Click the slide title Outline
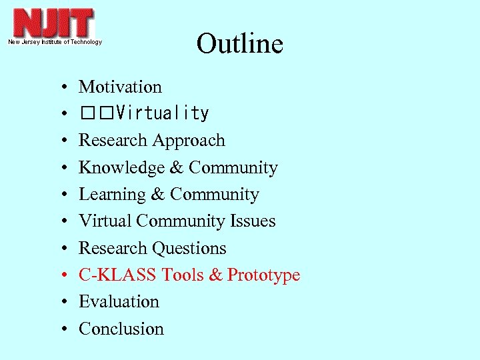pyautogui.click(x=239, y=44)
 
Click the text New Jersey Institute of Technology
pyautogui.click(x=55, y=42)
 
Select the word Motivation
pyautogui.click(x=120, y=87)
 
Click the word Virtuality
pyautogui.click(x=162, y=114)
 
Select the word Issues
pyautogui.click(x=253, y=221)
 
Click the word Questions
pyautogui.click(x=189, y=248)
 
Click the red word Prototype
pyautogui.click(x=264, y=275)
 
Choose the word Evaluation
pyautogui.click(x=119, y=302)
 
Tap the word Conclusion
pyautogui.click(x=121, y=329)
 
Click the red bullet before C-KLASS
pyautogui.click(x=61, y=276)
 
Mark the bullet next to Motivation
pyautogui.click(x=61, y=88)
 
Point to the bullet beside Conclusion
pyautogui.click(x=61, y=330)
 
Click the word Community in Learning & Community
pyautogui.click(x=214, y=195)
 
